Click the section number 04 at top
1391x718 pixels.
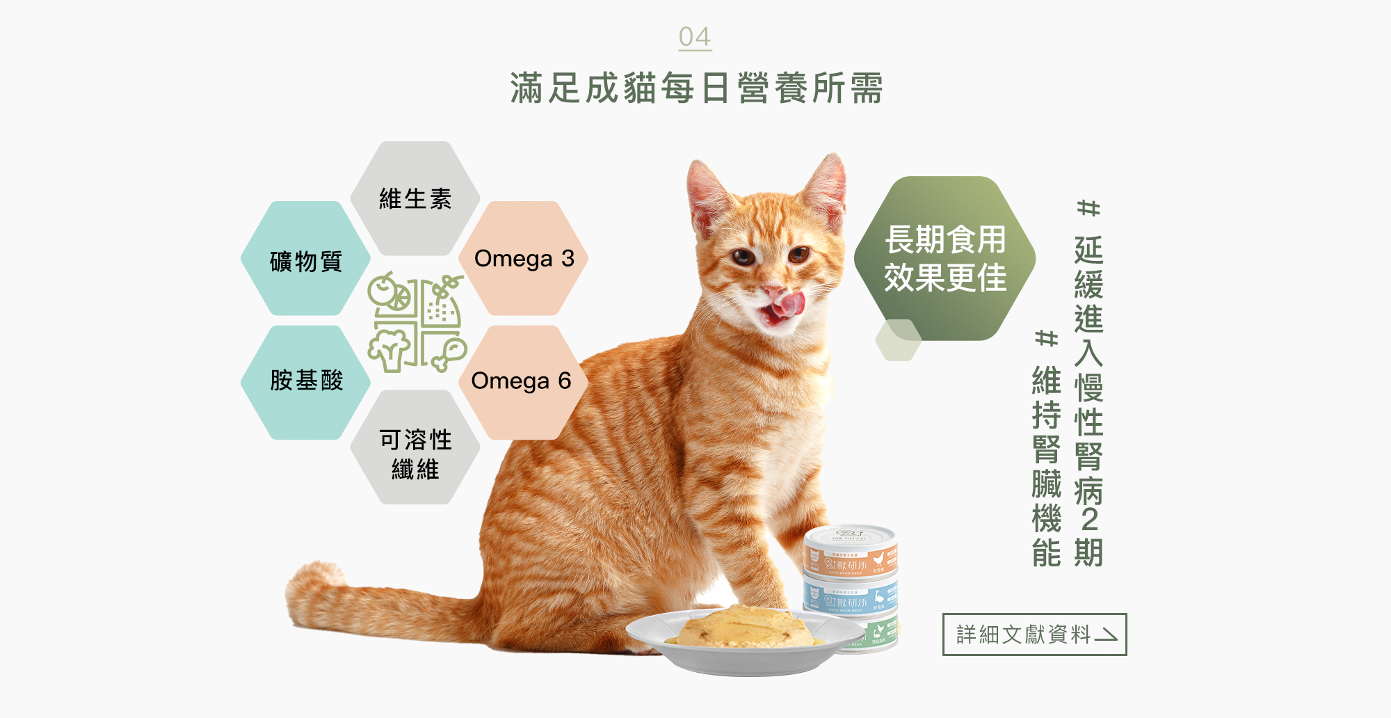[x=695, y=37]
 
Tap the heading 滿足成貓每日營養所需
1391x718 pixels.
[x=696, y=88]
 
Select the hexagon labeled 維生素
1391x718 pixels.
[x=415, y=199]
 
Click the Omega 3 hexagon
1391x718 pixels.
[x=524, y=258]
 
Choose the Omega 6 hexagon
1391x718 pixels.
[x=521, y=381]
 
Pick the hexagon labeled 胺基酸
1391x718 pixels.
[x=306, y=381]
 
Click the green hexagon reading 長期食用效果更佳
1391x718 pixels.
[x=944, y=258]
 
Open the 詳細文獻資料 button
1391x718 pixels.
[x=1034, y=635]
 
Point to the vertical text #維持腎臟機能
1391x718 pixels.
[x=1046, y=449]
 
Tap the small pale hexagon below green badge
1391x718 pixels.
[x=898, y=340]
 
